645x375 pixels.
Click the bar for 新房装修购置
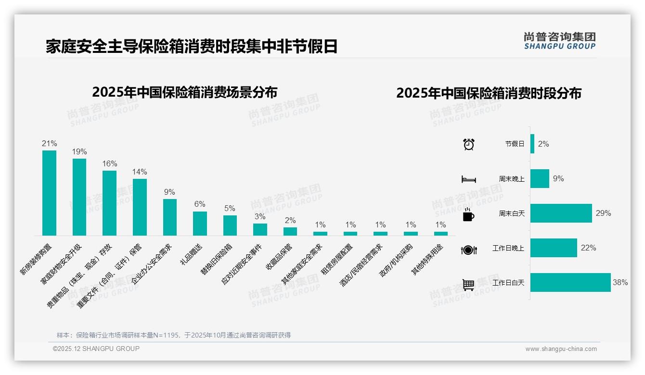[x=49, y=193]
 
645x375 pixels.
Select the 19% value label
[x=79, y=151]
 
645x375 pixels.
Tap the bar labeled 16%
[x=109, y=203]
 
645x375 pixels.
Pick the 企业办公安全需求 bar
[x=169, y=217]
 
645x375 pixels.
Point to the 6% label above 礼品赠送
[x=200, y=204]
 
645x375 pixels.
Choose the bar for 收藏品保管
[x=290, y=231]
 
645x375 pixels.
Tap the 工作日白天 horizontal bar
[x=570, y=283]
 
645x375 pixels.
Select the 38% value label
[x=620, y=283]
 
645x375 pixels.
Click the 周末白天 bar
[x=561, y=213]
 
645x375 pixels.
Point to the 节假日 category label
[x=515, y=144]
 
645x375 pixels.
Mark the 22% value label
[x=588, y=248]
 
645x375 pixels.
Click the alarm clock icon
[x=468, y=144]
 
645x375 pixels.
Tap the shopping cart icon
[x=468, y=285]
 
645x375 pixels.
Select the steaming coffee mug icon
[x=468, y=214]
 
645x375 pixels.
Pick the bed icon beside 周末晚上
[x=468, y=179]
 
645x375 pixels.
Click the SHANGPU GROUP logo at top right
[x=559, y=41]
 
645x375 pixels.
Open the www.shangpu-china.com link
[x=561, y=349]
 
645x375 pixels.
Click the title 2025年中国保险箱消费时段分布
[x=489, y=93]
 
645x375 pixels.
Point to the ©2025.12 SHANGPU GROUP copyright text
[x=96, y=349]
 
